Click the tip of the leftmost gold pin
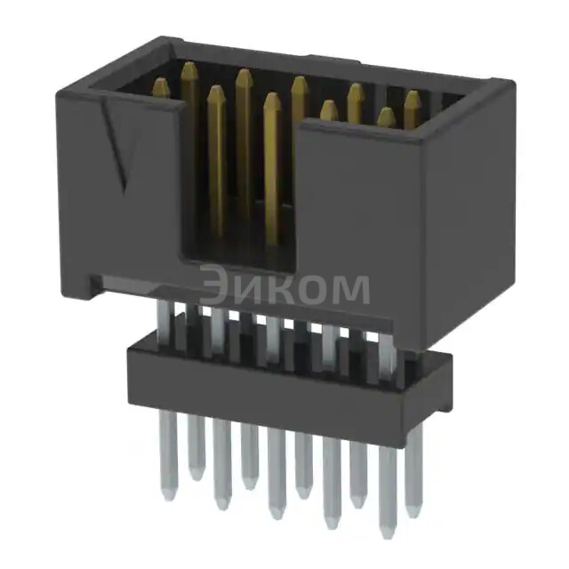pos(161,84)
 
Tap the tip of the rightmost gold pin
pos(413,95)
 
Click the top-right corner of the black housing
pos(509,84)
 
